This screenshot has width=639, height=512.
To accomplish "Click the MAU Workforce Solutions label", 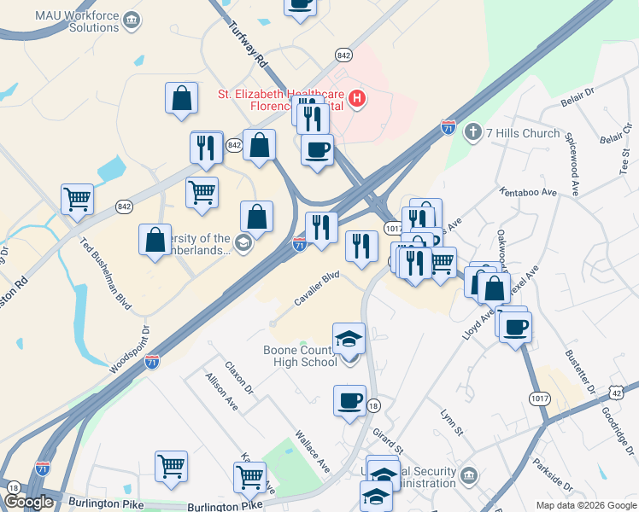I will [66, 21].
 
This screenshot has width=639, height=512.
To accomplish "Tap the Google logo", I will [28, 502].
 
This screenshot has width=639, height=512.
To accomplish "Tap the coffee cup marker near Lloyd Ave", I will [516, 327].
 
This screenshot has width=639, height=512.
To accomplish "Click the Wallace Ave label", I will [312, 451].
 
